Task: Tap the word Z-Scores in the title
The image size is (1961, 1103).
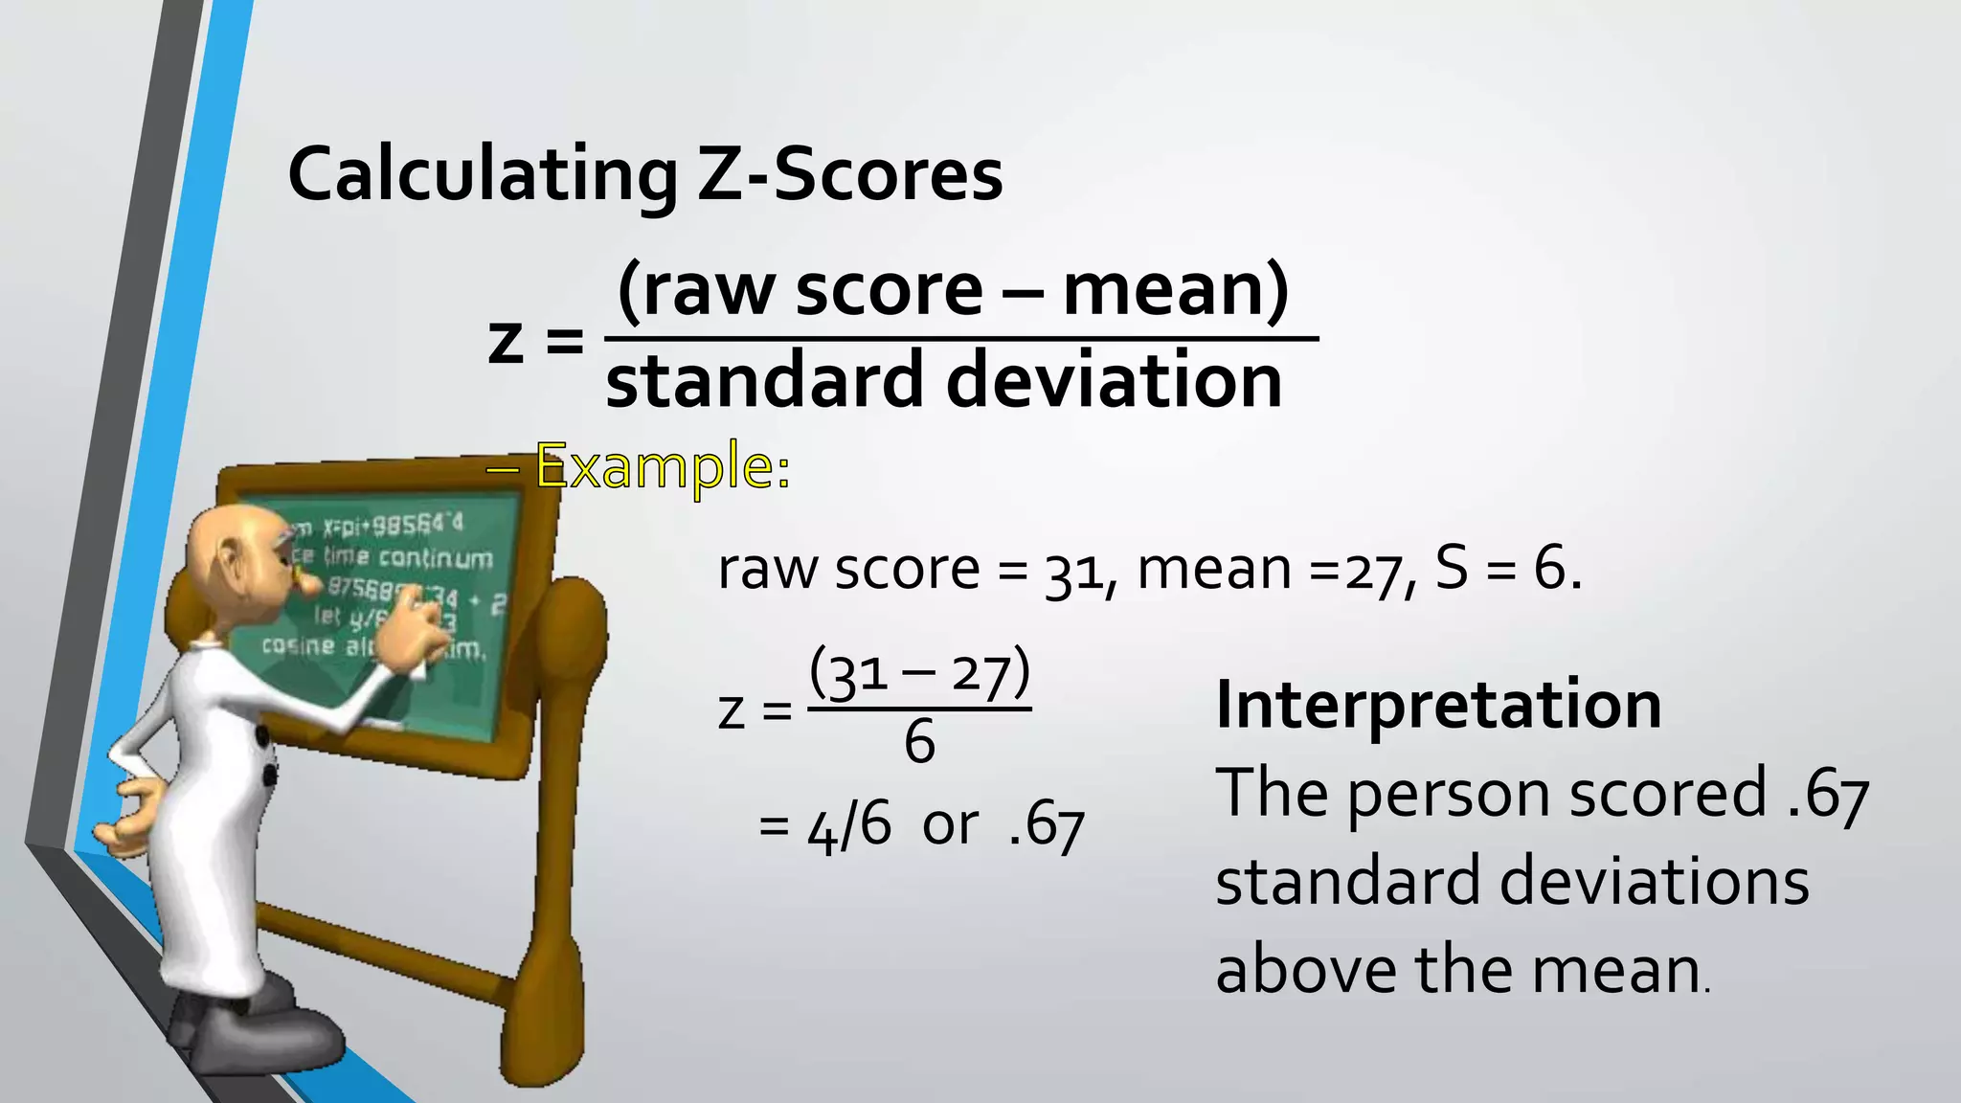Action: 849,175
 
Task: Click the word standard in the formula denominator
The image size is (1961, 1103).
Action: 764,380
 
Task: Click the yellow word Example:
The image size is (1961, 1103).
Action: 663,467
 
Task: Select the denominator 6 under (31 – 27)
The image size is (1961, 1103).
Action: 919,742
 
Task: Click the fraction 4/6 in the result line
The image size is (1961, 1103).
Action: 848,826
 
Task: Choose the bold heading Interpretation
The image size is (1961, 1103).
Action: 1438,705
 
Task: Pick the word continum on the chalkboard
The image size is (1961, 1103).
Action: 435,558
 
